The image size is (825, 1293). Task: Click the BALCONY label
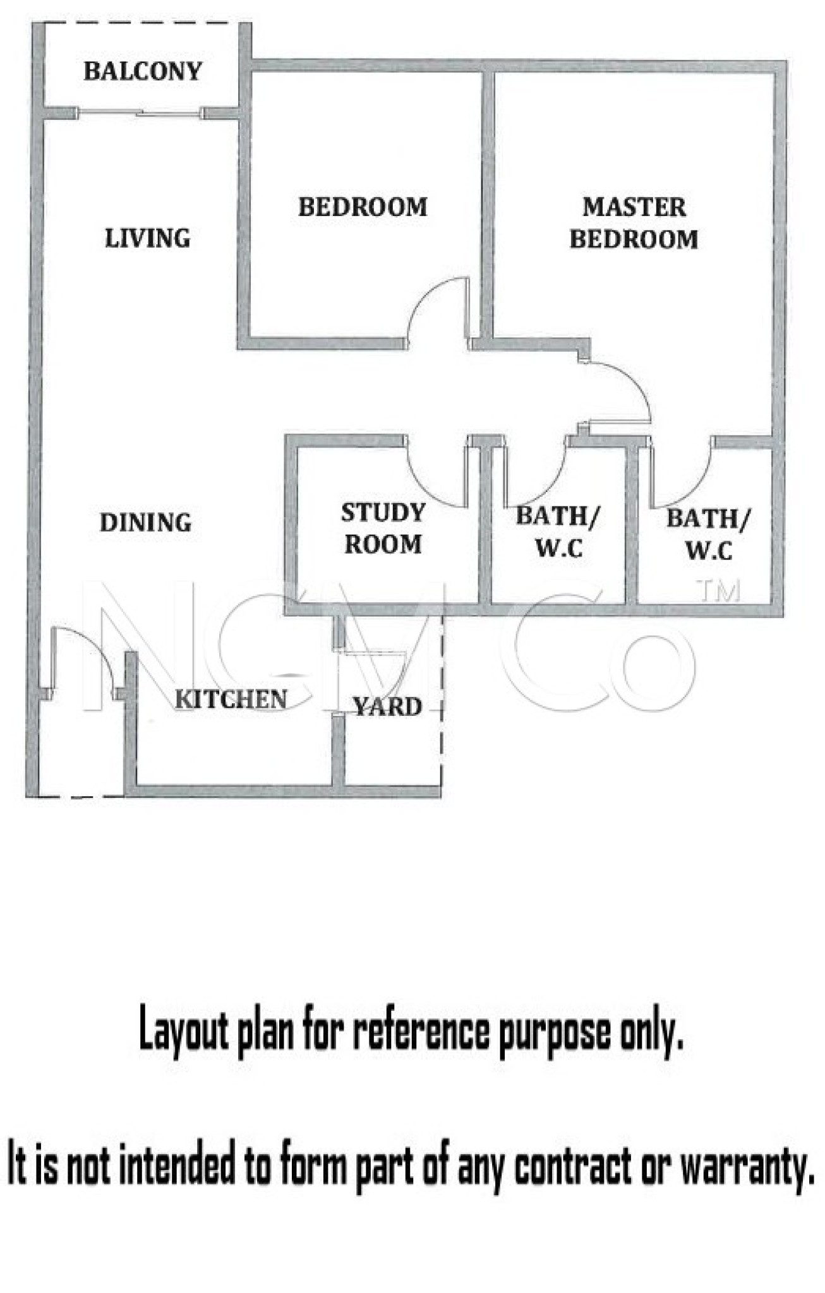[143, 71]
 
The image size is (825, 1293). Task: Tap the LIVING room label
[147, 239]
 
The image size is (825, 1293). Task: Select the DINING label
[145, 523]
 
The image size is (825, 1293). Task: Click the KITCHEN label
[231, 700]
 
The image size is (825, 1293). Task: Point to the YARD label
[387, 707]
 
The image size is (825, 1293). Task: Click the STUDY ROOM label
[383, 528]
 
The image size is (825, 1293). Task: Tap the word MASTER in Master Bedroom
[634, 207]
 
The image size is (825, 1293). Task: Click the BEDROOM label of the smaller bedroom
[363, 207]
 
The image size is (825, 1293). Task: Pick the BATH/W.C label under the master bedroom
[708, 535]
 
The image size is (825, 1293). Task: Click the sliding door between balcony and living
[140, 114]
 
